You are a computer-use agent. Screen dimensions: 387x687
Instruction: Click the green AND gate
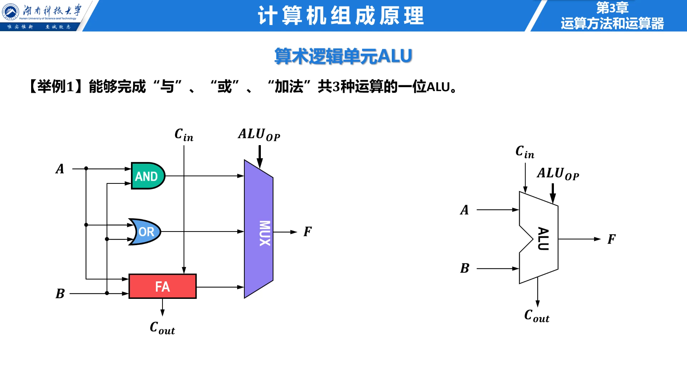[147, 176]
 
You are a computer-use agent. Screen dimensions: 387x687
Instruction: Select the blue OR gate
[145, 232]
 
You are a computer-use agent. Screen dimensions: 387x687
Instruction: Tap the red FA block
[162, 286]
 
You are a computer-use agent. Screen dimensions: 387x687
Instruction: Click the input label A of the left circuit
[60, 169]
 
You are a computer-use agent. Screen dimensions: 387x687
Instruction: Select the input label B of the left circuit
[60, 293]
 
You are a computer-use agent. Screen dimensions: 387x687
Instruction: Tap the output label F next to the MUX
[307, 231]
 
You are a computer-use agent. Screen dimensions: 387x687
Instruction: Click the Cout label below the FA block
[162, 328]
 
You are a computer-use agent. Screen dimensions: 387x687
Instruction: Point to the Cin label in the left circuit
[184, 135]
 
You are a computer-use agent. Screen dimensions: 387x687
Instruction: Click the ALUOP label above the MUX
[259, 135]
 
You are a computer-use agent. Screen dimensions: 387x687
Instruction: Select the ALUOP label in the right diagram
[557, 174]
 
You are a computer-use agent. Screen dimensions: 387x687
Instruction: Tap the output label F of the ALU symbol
[611, 239]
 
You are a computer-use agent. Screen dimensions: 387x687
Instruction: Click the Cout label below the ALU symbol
[536, 316]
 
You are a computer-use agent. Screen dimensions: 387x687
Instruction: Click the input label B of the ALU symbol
[464, 268]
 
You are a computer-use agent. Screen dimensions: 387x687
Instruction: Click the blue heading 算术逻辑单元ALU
[343, 56]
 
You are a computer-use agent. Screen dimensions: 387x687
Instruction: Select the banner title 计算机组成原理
[341, 16]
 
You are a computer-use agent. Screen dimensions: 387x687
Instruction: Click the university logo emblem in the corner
[10, 12]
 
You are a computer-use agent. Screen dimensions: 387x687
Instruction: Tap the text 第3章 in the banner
[612, 8]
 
